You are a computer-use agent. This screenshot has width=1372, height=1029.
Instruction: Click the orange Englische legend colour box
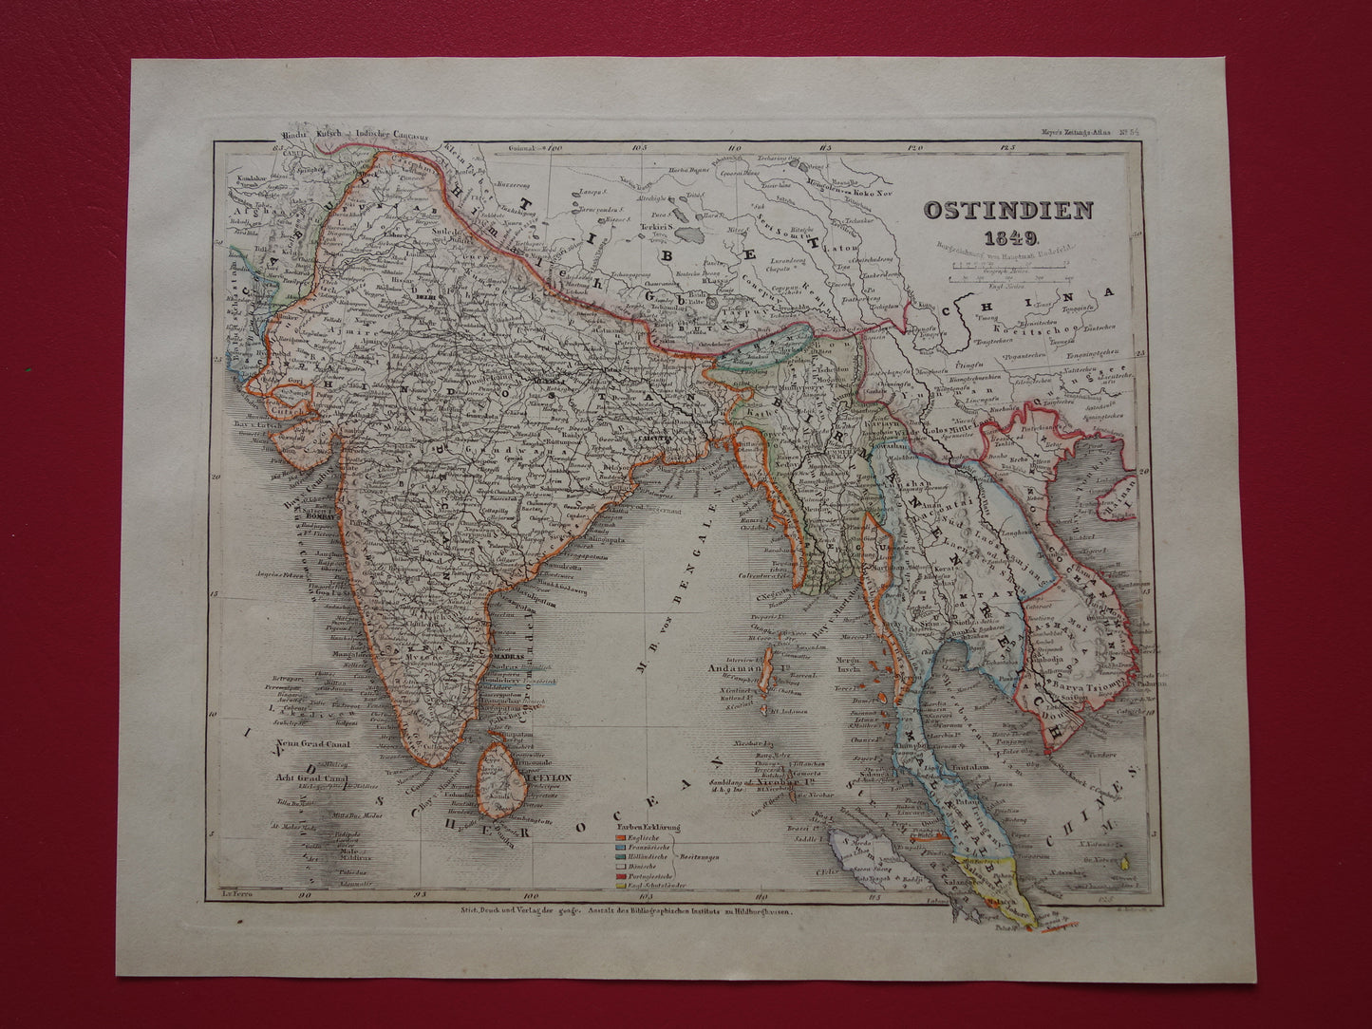pyautogui.click(x=622, y=837)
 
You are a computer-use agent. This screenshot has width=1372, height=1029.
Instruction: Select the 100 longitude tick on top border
pyautogui.click(x=556, y=149)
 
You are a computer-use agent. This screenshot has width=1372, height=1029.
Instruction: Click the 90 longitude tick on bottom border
pyautogui.click(x=305, y=893)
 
